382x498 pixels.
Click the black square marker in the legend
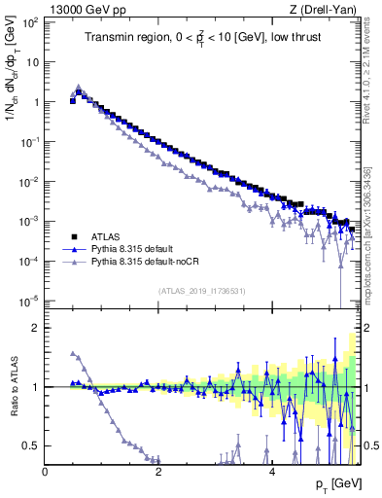(73, 235)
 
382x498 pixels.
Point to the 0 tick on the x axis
(45, 471)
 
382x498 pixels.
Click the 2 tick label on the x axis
(158, 471)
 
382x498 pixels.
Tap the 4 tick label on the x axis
(272, 471)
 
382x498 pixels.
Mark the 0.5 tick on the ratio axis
(31, 445)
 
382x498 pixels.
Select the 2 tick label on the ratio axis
(35, 328)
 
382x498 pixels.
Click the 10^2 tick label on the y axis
(29, 20)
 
